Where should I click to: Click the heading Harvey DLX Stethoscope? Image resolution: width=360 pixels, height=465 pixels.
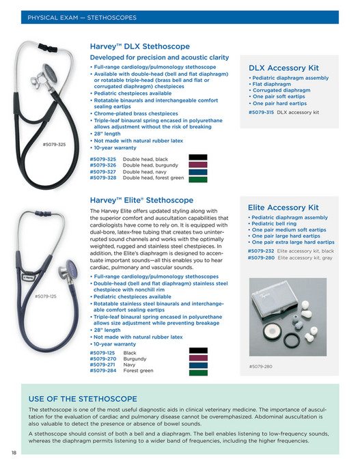(x=139, y=46)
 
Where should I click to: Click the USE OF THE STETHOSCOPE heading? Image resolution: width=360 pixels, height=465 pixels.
(x=83, y=399)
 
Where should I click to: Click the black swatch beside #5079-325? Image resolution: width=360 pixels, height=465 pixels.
(x=197, y=158)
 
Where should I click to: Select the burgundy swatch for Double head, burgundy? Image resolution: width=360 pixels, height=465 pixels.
(x=197, y=165)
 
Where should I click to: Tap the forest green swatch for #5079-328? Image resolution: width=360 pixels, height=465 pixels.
(x=197, y=178)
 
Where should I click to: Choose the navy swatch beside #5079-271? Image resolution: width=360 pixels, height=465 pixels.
(x=197, y=365)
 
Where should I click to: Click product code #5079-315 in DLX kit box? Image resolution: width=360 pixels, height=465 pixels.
(x=262, y=111)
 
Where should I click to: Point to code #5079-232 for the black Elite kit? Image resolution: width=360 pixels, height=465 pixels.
(x=261, y=251)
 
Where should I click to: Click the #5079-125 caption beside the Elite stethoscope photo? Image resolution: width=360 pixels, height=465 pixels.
(x=46, y=296)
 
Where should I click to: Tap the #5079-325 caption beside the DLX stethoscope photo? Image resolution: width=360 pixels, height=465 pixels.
(x=54, y=144)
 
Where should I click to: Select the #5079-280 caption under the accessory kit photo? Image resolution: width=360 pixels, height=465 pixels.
(x=260, y=367)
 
